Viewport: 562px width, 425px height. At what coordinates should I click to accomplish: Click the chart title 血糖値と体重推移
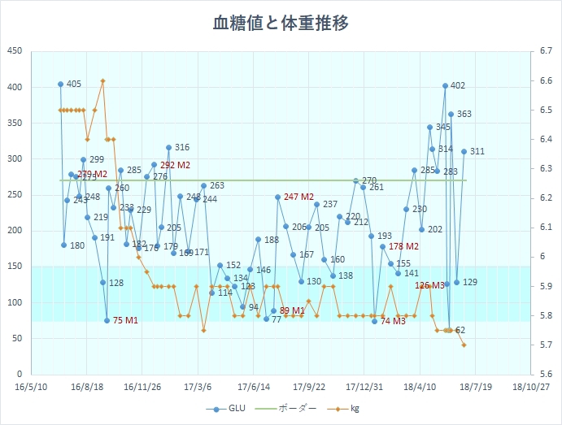(281, 23)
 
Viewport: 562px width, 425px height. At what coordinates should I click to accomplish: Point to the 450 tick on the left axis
(14, 51)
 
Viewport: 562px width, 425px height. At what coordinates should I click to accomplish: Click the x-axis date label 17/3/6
(197, 388)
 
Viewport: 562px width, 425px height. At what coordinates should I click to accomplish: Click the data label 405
(74, 85)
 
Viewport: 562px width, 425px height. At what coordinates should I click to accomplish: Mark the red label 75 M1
(125, 321)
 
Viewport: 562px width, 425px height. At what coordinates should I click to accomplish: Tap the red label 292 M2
(175, 166)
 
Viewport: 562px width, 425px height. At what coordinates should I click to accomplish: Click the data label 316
(182, 148)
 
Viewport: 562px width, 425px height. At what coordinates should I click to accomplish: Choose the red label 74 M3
(393, 322)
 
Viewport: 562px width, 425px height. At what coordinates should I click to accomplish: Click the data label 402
(458, 86)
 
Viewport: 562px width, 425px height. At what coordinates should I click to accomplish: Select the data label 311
(477, 152)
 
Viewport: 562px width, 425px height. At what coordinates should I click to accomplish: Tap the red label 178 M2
(404, 247)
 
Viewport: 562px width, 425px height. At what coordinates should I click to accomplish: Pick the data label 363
(464, 115)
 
